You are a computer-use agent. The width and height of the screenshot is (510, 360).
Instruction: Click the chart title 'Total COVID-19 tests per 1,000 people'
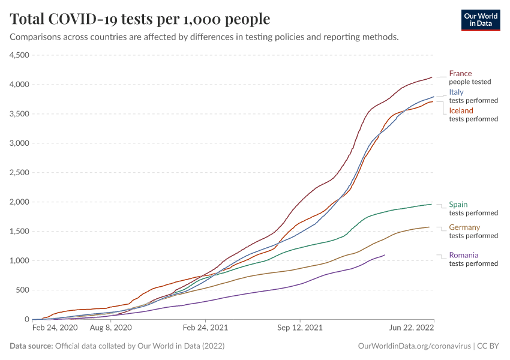[140, 19]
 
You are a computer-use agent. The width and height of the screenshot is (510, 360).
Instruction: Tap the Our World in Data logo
[480, 19]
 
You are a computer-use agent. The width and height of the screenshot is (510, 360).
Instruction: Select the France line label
[460, 74]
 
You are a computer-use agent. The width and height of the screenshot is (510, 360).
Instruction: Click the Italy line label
[456, 92]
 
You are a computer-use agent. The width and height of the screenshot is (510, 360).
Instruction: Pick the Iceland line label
[461, 111]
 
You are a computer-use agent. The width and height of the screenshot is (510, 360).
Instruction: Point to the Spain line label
[458, 205]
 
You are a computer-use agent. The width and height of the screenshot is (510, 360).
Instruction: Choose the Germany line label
[464, 227]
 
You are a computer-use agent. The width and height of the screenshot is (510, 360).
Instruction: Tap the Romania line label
[464, 255]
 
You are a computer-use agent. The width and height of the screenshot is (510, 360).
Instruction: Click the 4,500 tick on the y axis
[20, 55]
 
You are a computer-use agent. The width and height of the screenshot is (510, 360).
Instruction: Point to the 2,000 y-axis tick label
[20, 202]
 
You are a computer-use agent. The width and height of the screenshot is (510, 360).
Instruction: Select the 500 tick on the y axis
[23, 290]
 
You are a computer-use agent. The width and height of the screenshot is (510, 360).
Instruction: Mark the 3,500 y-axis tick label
[20, 114]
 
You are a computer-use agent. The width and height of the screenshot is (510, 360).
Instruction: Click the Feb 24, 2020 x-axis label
[55, 328]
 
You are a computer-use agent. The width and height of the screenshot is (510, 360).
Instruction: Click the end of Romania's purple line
[384, 255]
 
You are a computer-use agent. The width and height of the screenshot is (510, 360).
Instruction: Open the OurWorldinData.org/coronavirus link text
[413, 346]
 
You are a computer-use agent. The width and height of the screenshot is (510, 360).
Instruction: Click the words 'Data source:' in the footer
[31, 346]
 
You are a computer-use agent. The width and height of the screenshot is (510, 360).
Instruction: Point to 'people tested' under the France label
[470, 82]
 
